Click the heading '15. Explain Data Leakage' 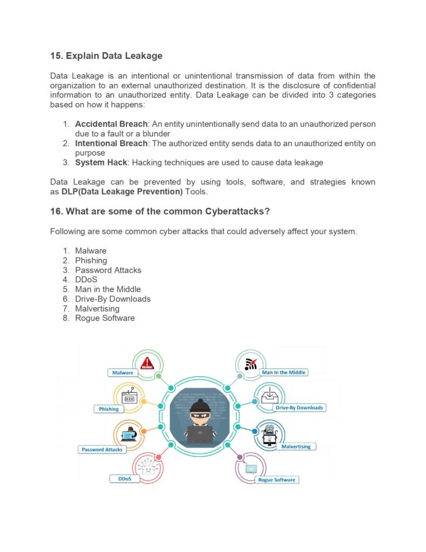point(106,56)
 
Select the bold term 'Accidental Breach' point(110,124)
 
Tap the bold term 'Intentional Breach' point(111,143)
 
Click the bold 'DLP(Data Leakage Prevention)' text point(122,192)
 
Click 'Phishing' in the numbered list point(91,260)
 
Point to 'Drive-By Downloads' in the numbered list point(113,299)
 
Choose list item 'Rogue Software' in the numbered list point(104,318)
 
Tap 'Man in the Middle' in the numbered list point(108,289)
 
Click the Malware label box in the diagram point(123,372)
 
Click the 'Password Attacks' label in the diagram point(102,449)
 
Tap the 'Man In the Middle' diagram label point(283,372)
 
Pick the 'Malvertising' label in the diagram point(296,446)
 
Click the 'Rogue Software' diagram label point(277,479)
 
